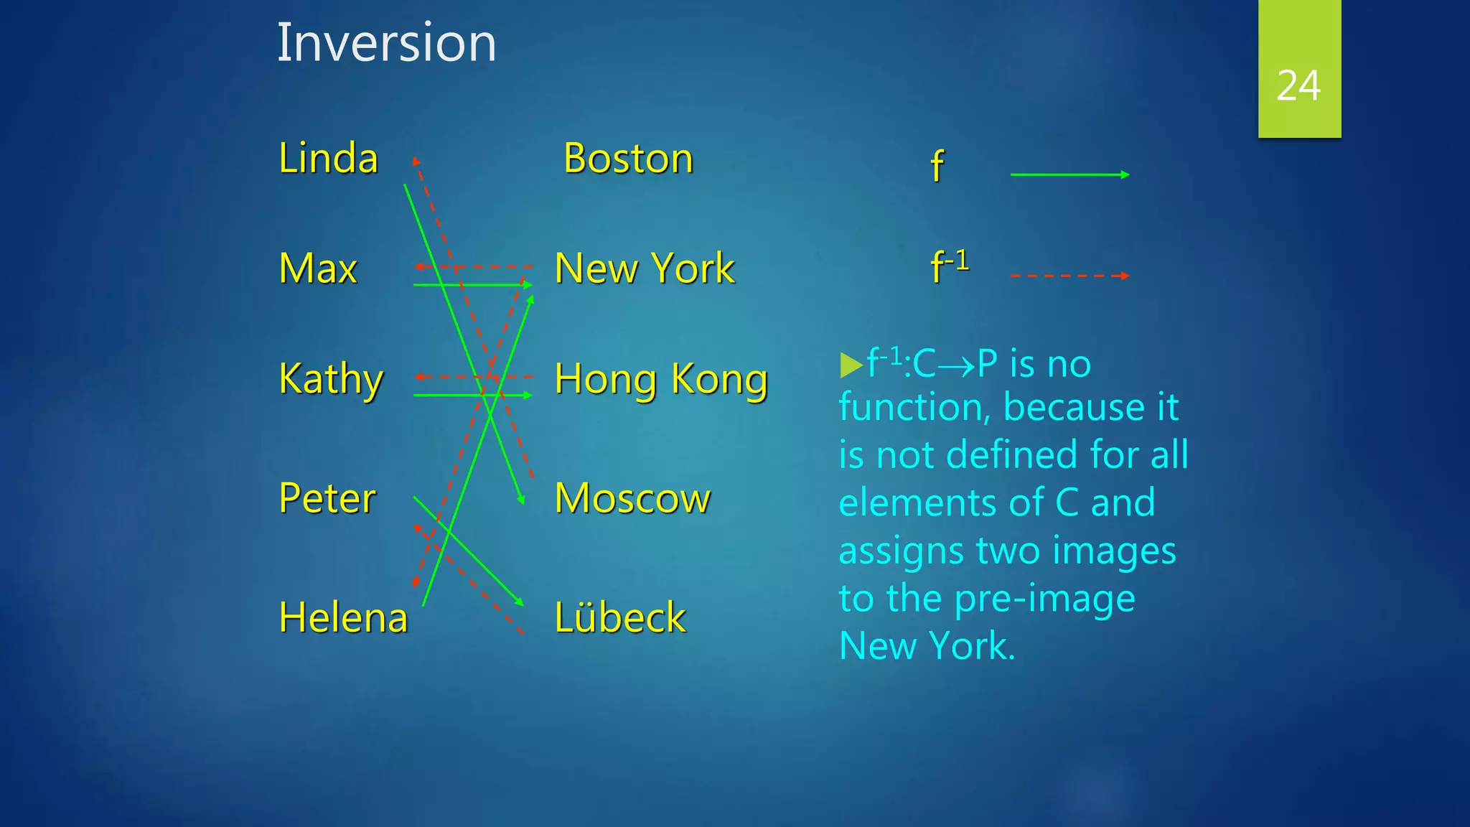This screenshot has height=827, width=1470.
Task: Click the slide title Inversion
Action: click(386, 43)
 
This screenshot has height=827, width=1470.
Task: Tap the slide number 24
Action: click(1298, 85)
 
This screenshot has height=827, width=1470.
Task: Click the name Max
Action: click(318, 268)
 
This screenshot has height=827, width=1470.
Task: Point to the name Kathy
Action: click(331, 378)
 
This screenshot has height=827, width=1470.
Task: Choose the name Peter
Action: click(327, 498)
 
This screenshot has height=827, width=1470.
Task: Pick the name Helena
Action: click(343, 617)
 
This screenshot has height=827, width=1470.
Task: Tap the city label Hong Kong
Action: click(661, 379)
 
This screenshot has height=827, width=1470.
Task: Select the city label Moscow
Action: click(632, 498)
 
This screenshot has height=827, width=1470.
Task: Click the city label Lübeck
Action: click(620, 617)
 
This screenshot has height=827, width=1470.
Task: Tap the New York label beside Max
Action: click(645, 268)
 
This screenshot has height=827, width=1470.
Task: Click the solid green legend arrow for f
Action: click(1069, 174)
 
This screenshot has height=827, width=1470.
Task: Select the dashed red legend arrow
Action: click(1069, 276)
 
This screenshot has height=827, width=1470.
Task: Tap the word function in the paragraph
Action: click(915, 407)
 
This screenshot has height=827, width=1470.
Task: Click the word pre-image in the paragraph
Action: click(1044, 598)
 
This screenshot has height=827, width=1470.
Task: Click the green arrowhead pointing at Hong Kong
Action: click(528, 396)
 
